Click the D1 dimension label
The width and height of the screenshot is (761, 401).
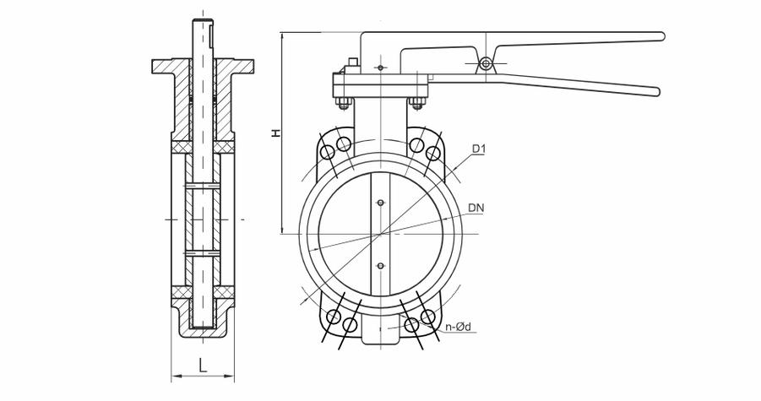pyautogui.click(x=479, y=149)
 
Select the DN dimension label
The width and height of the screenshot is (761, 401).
pyautogui.click(x=476, y=208)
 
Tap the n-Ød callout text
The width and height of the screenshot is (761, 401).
pyautogui.click(x=458, y=327)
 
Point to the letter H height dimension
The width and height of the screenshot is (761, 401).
pyautogui.click(x=275, y=133)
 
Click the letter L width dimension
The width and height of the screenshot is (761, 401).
pyautogui.click(x=203, y=365)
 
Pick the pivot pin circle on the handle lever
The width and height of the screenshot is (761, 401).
pyautogui.click(x=486, y=63)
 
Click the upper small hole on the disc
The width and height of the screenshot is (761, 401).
pyautogui.click(x=380, y=203)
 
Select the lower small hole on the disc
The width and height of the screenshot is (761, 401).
pyautogui.click(x=380, y=266)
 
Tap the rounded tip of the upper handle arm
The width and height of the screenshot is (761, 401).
pyautogui.click(x=660, y=36)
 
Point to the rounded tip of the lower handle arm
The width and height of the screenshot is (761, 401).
pyautogui.click(x=656, y=91)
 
